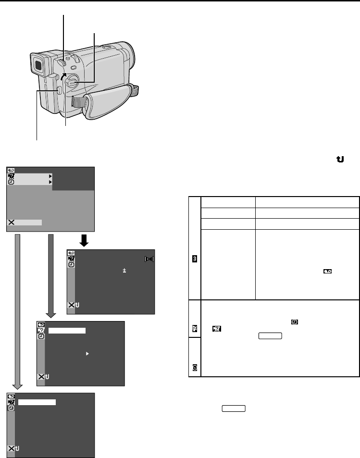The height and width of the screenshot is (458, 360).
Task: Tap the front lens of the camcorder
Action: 128,54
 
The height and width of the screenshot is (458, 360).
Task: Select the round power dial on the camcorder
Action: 72,82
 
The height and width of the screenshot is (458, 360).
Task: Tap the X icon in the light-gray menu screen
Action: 12,223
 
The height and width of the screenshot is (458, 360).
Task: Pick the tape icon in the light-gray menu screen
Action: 11,171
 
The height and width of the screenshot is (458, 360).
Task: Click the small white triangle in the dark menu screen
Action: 87,353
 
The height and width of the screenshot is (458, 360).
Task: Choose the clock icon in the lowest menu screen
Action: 11,408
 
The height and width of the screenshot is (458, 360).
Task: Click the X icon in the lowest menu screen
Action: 11,448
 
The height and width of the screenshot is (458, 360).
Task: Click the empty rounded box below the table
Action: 234,408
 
